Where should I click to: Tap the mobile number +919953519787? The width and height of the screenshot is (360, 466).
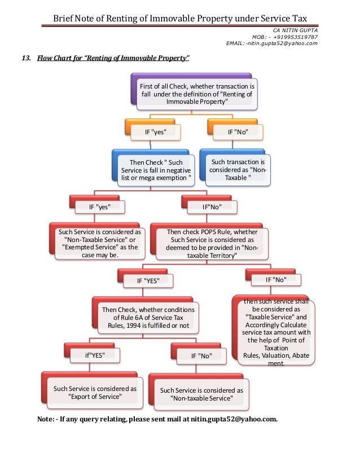point(295,37)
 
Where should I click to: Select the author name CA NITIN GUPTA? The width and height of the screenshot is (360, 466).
point(295,30)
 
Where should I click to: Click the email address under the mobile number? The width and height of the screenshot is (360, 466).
point(271,43)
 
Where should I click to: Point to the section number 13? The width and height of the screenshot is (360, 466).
point(26,58)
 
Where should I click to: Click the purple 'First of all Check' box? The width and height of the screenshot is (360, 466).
point(194,91)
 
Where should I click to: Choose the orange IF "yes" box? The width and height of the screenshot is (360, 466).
point(153,130)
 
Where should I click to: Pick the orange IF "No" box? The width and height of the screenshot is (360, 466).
point(235,130)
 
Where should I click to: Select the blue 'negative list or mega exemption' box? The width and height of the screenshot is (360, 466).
point(153,168)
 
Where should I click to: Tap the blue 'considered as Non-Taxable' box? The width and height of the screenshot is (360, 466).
point(235,168)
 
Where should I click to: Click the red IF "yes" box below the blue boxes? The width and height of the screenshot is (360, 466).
point(97,204)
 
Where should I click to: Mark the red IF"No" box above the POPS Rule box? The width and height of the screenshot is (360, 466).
point(209,204)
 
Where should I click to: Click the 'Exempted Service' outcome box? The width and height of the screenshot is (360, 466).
point(97,241)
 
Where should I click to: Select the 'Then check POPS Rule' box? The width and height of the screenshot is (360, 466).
point(209,241)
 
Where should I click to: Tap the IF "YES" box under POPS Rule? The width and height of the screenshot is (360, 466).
point(146,279)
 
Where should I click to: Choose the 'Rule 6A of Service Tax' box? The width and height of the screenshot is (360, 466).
point(146,315)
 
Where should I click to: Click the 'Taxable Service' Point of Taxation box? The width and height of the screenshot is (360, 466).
point(273,330)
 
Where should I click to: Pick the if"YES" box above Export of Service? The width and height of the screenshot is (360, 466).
point(92,353)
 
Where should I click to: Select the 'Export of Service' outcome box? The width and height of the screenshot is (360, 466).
point(92,390)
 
